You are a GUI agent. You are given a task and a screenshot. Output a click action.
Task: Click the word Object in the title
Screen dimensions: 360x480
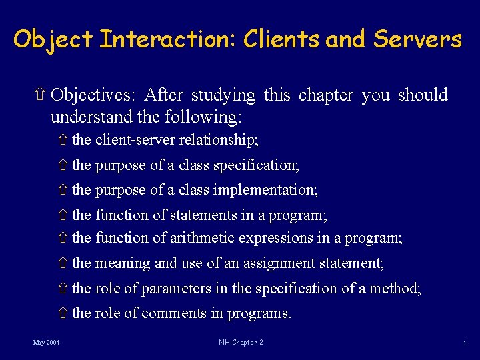53,39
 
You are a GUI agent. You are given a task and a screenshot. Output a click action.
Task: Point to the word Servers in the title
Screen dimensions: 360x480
417,39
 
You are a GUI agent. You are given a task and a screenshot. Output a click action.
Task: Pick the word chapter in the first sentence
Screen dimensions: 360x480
326,95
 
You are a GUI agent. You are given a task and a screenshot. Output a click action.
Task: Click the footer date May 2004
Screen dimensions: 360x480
47,343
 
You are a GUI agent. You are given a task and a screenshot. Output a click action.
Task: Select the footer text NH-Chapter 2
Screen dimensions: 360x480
240,343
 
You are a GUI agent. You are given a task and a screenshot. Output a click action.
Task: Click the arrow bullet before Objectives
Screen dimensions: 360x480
41,95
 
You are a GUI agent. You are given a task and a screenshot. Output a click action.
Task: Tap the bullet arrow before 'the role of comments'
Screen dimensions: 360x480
63,313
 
